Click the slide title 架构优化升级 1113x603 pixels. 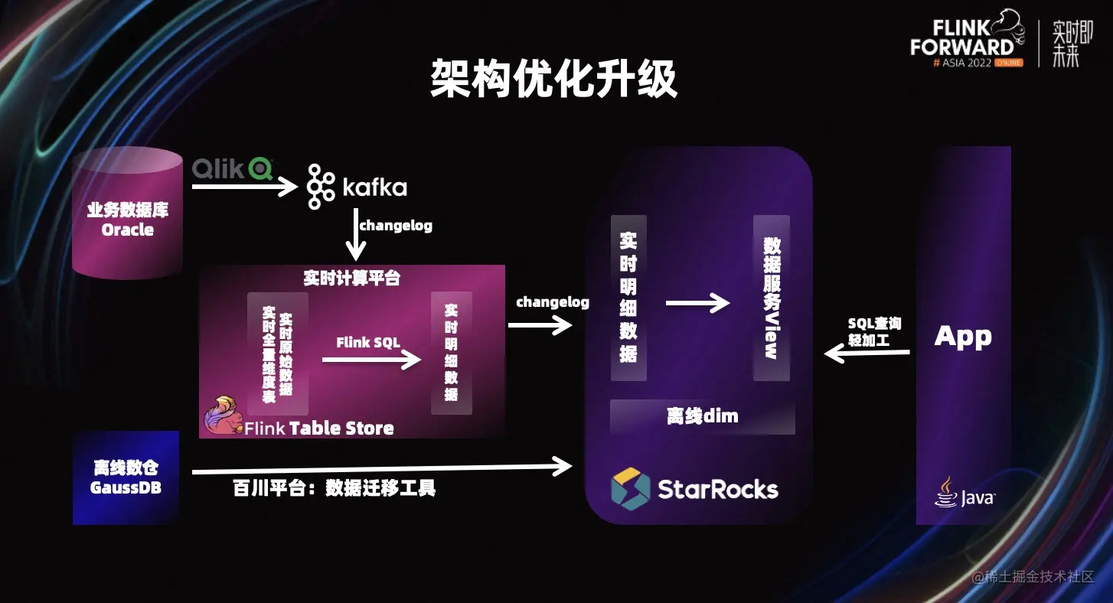click(x=553, y=79)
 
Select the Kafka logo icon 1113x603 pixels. click(x=321, y=186)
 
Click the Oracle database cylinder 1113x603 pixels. click(x=127, y=213)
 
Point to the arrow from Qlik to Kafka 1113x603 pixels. click(x=243, y=186)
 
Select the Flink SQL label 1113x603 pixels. click(x=368, y=342)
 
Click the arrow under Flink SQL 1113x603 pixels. click(x=371, y=359)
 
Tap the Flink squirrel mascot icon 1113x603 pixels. click(x=220, y=416)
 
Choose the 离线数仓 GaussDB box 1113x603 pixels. click(x=126, y=478)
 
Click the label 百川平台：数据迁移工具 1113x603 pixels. click(x=335, y=488)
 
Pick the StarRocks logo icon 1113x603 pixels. click(x=631, y=488)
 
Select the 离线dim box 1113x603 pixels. click(x=702, y=417)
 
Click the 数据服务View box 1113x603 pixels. click(x=771, y=298)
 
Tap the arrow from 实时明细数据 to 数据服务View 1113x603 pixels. click(x=697, y=304)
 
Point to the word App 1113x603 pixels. click(x=963, y=336)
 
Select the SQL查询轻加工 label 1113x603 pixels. click(x=874, y=331)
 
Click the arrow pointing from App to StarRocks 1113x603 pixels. click(x=867, y=354)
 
